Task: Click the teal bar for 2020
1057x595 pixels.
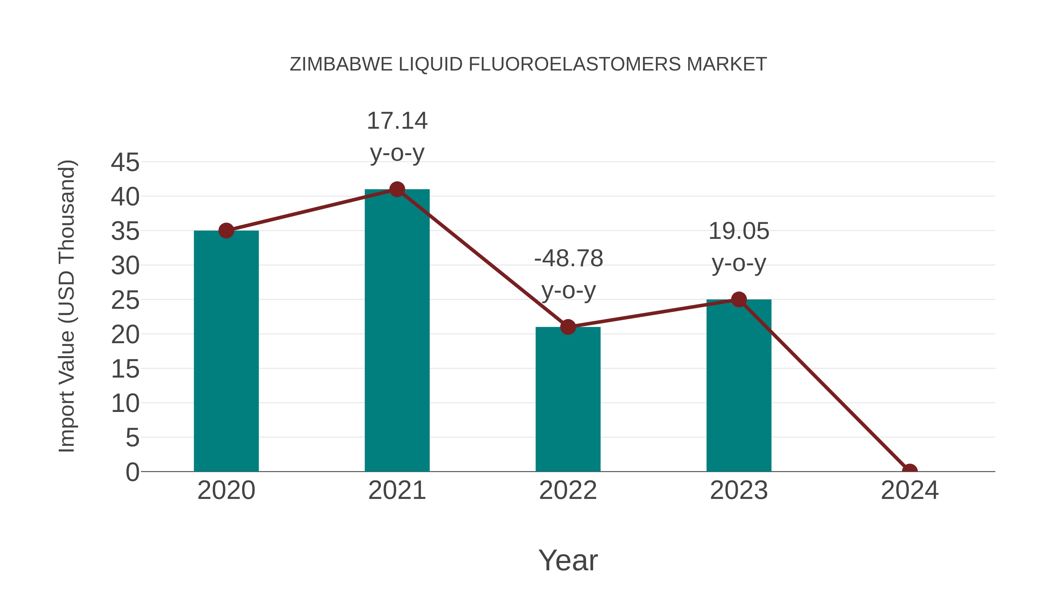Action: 226,351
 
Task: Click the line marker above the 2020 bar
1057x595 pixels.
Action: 226,231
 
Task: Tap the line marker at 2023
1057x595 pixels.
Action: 739,299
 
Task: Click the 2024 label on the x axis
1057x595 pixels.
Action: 909,490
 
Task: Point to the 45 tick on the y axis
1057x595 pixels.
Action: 125,162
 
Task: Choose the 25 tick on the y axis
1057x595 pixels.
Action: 125,300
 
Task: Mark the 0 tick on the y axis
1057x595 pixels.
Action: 132,472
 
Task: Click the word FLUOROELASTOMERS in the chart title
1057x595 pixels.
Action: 575,64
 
